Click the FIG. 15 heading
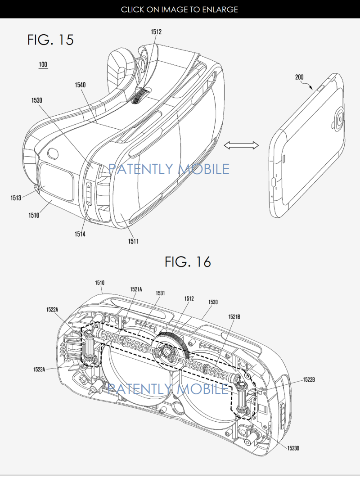point(50,40)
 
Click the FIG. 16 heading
point(188,262)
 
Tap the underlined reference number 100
point(43,65)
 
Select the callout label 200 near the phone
point(299,77)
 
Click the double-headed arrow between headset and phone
point(241,146)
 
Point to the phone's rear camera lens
point(340,119)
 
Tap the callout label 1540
point(80,85)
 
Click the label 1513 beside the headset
point(16,198)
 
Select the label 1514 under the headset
point(80,234)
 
